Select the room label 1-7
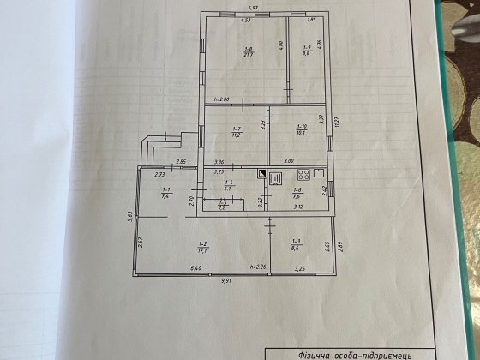coord(234,129)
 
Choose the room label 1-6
coord(297,190)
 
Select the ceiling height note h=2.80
coord(221,99)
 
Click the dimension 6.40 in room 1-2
coord(197,269)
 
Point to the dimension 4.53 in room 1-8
coord(245,19)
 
